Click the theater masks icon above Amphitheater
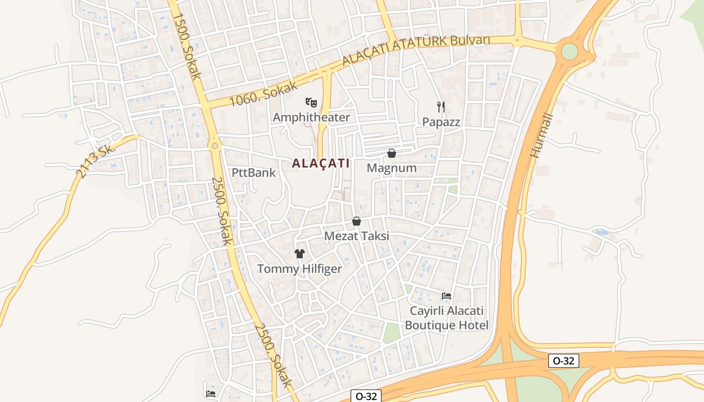click(x=311, y=103)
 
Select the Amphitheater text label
click(x=311, y=118)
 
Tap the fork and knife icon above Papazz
click(x=441, y=107)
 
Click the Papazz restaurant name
click(x=441, y=122)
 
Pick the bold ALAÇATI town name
click(x=321, y=163)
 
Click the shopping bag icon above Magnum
click(x=392, y=153)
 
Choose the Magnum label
click(x=392, y=168)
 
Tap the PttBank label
click(x=254, y=173)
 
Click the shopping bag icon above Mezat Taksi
click(x=357, y=221)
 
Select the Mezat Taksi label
click(x=357, y=236)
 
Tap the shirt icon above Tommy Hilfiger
click(x=300, y=254)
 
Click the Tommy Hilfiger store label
click(x=300, y=269)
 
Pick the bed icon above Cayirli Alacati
click(x=447, y=295)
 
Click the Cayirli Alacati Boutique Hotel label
click(x=447, y=318)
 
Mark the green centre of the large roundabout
click(x=569, y=51)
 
